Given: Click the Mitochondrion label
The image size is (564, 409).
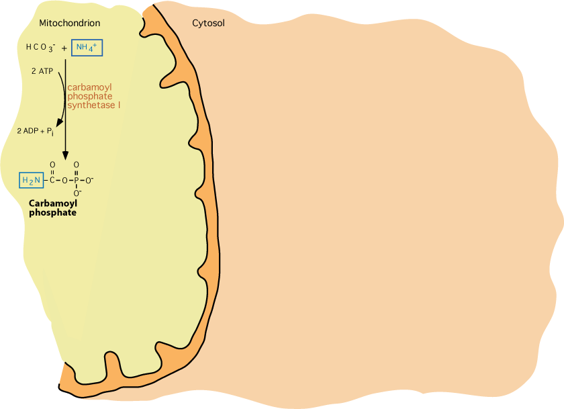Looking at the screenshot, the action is tap(69, 23).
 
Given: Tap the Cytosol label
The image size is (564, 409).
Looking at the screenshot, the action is tap(208, 23).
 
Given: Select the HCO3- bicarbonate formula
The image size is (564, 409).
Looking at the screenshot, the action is tap(41, 48).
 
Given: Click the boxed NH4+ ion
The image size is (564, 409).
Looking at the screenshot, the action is tap(87, 48).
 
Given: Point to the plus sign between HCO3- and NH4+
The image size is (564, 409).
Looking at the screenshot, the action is tap(64, 48).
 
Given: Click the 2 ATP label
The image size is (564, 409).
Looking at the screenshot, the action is tap(42, 71).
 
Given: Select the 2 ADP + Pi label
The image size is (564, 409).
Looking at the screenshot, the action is tap(35, 132).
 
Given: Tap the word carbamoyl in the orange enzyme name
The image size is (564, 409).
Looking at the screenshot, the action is tap(89, 87).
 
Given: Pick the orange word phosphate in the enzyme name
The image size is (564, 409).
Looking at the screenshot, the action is tap(90, 97).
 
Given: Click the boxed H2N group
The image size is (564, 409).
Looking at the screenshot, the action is tap(32, 180).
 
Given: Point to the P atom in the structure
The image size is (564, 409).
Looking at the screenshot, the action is tap(76, 180).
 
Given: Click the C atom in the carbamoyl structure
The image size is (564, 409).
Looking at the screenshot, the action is tap(52, 180).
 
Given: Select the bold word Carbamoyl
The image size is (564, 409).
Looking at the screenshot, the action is tap(53, 203).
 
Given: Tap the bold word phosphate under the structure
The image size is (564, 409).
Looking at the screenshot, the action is tap(52, 213).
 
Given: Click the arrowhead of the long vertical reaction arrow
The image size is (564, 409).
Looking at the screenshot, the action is tap(66, 155).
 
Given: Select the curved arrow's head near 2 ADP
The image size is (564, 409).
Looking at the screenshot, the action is tap(59, 123).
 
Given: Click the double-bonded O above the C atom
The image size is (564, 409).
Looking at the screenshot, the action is tap(52, 165).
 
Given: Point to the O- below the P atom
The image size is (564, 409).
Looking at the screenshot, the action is tap(77, 193).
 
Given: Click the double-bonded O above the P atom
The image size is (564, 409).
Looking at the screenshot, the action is tap(77, 165).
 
